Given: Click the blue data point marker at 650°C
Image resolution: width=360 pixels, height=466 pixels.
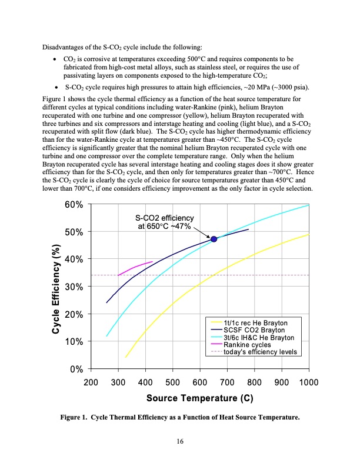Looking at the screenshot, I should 214,239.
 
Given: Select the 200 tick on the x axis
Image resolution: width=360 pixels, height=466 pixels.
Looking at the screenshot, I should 91,382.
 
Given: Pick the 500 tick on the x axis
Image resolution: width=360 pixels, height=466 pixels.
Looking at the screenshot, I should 172,382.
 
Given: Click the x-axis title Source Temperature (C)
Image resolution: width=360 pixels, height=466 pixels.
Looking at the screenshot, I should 199,398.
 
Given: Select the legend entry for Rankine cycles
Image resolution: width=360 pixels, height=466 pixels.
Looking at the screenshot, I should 248,345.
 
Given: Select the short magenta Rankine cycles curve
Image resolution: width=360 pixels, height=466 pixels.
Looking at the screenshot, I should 136,267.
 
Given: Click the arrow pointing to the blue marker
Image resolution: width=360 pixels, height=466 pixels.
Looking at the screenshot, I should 202,232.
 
